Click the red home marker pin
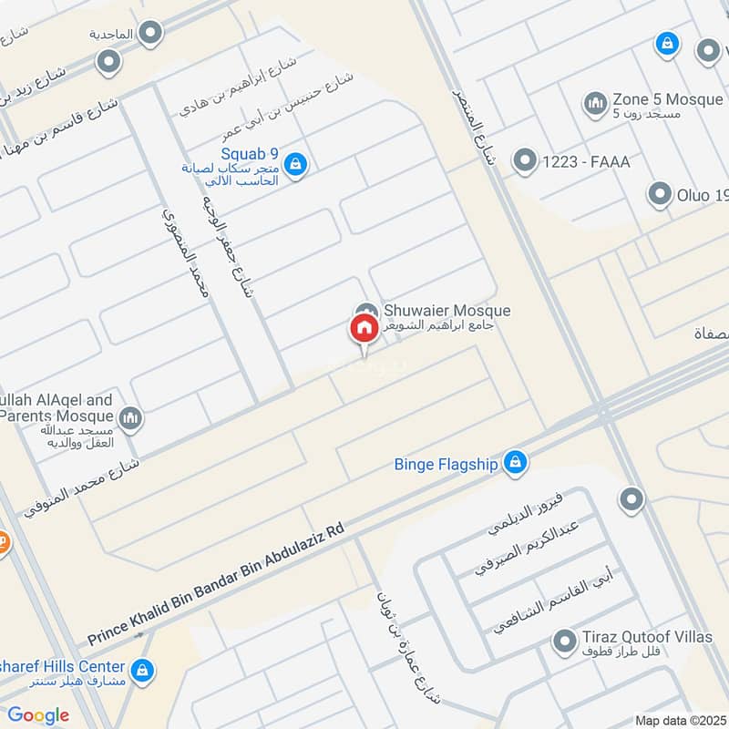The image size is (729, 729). click(364, 330)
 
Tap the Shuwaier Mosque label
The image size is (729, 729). click(447, 312)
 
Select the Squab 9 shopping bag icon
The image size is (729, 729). click(294, 165)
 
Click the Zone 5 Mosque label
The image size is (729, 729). click(668, 99)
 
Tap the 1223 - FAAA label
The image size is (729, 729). click(586, 162)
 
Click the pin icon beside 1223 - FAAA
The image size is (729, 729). click(524, 162)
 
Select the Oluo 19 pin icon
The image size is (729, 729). click(660, 194)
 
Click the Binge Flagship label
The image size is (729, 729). click(446, 465)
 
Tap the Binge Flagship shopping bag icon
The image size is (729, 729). click(516, 463)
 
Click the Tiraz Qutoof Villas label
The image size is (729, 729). click(647, 637)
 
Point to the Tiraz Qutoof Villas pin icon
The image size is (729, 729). click(564, 643)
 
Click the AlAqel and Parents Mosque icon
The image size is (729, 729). click(130, 418)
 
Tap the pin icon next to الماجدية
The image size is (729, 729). click(152, 35)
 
